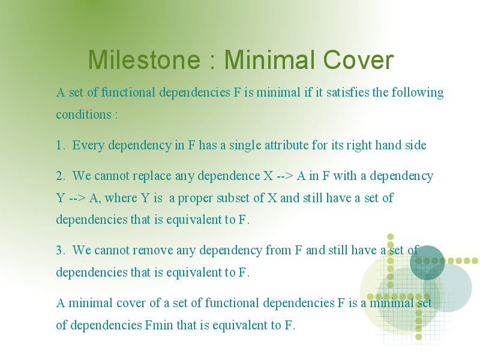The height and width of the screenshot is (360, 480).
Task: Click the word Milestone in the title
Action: click(x=144, y=59)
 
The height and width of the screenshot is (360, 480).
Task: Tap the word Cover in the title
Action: click(x=358, y=59)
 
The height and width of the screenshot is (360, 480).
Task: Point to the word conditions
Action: click(x=83, y=115)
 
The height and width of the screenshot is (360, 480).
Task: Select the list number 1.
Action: click(x=61, y=145)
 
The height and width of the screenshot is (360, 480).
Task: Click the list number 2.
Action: click(x=61, y=176)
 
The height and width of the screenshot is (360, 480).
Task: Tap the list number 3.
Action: click(x=61, y=250)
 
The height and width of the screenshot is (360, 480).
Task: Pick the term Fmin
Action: click(x=158, y=325)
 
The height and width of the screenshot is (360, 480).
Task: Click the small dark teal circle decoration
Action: click(x=427, y=262)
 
